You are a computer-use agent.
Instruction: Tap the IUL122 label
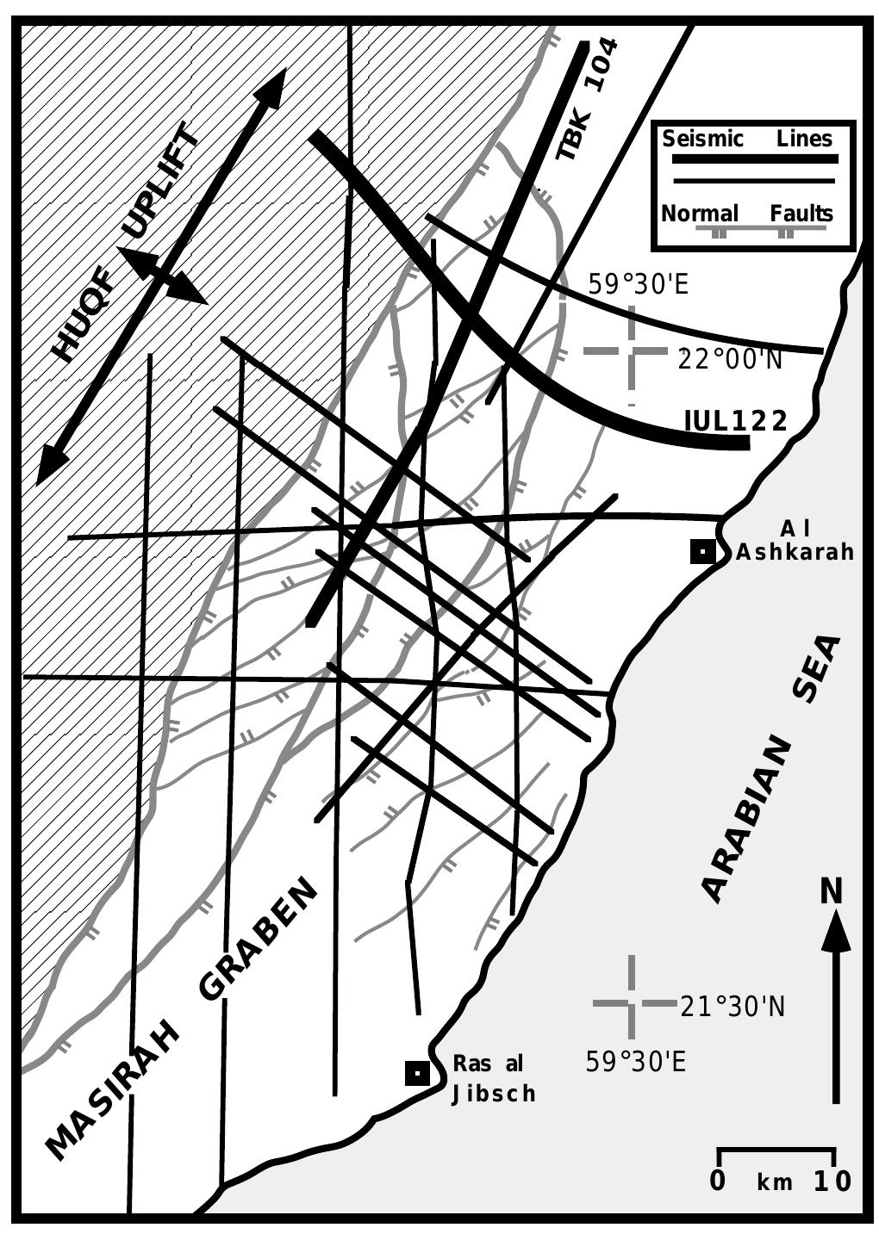(x=736, y=421)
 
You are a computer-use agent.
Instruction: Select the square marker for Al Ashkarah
(x=703, y=551)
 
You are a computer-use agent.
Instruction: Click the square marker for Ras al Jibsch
(x=417, y=1073)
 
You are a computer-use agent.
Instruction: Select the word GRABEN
(x=259, y=940)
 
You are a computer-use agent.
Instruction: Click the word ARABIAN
(x=746, y=819)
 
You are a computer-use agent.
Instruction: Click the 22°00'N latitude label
(x=730, y=358)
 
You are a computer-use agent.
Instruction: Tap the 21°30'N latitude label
(x=732, y=1006)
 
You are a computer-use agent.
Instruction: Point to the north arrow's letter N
(x=831, y=891)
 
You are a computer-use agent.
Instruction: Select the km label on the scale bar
(x=775, y=1182)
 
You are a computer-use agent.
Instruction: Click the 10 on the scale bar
(x=832, y=1181)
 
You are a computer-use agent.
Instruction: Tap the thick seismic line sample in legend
(x=754, y=159)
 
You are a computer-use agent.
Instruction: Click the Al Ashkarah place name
(x=795, y=540)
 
